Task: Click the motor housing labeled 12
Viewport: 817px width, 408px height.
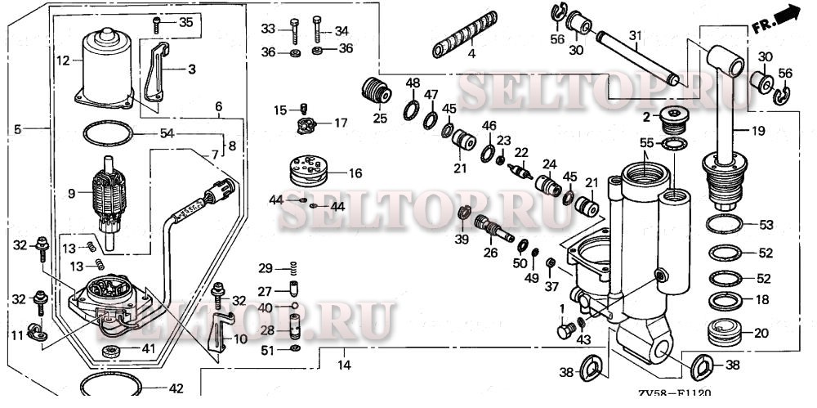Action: click(105, 68)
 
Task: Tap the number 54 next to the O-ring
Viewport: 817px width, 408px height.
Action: click(167, 133)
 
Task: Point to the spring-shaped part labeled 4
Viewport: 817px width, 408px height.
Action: click(465, 34)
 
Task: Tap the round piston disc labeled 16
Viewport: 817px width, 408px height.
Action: click(310, 171)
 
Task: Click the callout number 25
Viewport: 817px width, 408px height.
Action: click(380, 118)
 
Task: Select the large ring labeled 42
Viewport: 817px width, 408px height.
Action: click(111, 386)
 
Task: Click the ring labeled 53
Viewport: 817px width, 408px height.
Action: click(724, 224)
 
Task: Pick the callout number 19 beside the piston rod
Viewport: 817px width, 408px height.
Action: click(758, 131)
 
